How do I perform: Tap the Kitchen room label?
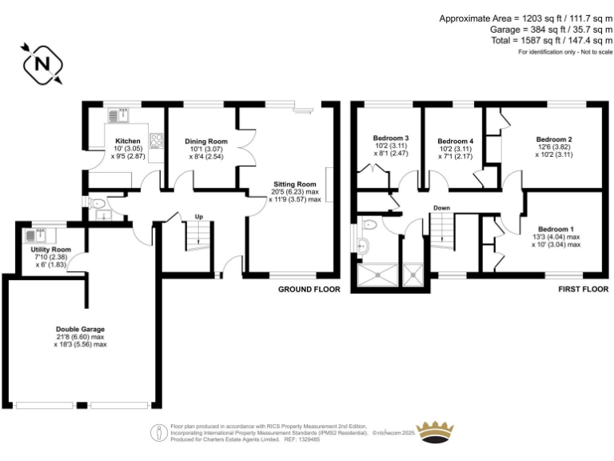pos(127,142)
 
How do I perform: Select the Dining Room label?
pos(205,142)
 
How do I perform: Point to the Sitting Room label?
pos(295,183)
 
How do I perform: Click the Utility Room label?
pos(46,250)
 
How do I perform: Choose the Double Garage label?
pos(80,329)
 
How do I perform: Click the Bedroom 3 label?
pos(391,137)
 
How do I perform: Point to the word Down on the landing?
pos(441,208)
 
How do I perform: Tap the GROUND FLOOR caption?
pos(309,289)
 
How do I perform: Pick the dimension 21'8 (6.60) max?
pos(80,337)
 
